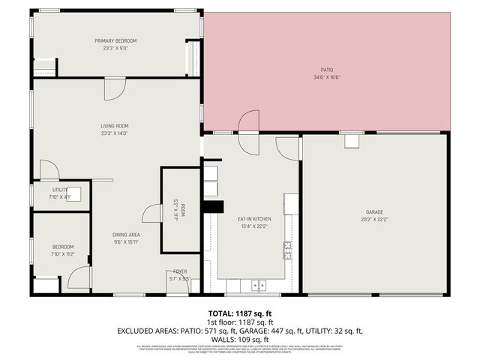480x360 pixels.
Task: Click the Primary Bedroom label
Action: (x=115, y=40)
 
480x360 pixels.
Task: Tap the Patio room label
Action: (x=327, y=71)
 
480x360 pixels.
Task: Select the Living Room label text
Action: (x=115, y=125)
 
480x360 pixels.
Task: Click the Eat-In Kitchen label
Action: (x=253, y=219)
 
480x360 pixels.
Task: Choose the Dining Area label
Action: (x=127, y=235)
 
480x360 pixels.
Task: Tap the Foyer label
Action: (x=180, y=271)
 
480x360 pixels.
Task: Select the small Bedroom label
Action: (x=62, y=247)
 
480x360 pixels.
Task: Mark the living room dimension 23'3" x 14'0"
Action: (x=115, y=133)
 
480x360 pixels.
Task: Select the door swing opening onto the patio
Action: (x=249, y=123)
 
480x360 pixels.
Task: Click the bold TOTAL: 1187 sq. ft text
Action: (x=239, y=313)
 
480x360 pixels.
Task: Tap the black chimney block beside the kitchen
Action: (x=214, y=208)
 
